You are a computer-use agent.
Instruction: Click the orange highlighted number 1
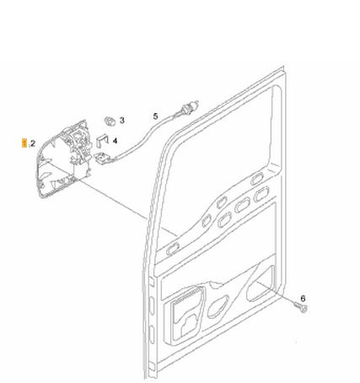click(x=24, y=143)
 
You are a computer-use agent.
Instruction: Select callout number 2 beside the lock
click(x=33, y=143)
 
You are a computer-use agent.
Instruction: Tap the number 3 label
click(x=121, y=120)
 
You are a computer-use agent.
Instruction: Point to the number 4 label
click(x=115, y=141)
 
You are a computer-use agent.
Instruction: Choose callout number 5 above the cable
click(x=155, y=116)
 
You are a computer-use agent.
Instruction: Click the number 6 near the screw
click(x=303, y=298)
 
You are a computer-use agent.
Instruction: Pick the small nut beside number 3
click(x=110, y=121)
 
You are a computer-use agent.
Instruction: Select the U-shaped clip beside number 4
click(x=103, y=141)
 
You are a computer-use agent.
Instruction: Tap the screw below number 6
click(x=301, y=307)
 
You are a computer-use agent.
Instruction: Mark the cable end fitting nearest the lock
click(x=103, y=158)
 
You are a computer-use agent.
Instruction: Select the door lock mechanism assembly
click(x=65, y=159)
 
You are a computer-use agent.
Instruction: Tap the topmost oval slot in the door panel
click(x=257, y=178)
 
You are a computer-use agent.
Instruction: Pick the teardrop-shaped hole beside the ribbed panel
click(x=218, y=306)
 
